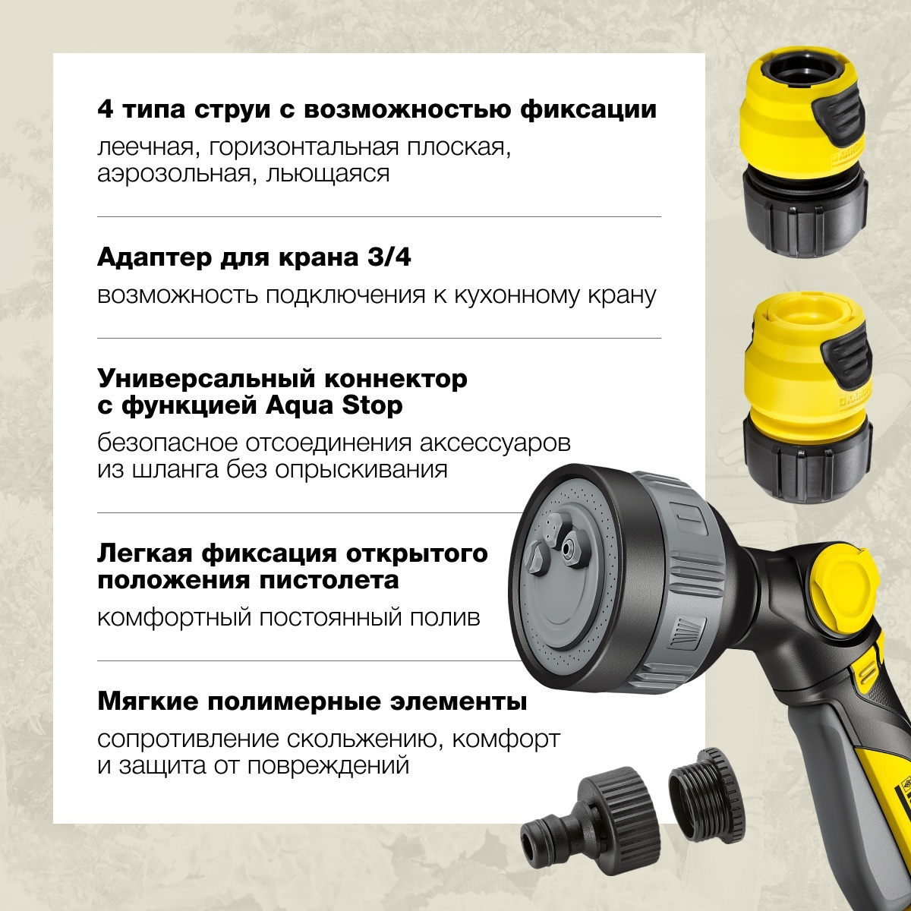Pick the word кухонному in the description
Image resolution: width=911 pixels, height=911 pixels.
519,295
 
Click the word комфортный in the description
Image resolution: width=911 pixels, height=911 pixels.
175,617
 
